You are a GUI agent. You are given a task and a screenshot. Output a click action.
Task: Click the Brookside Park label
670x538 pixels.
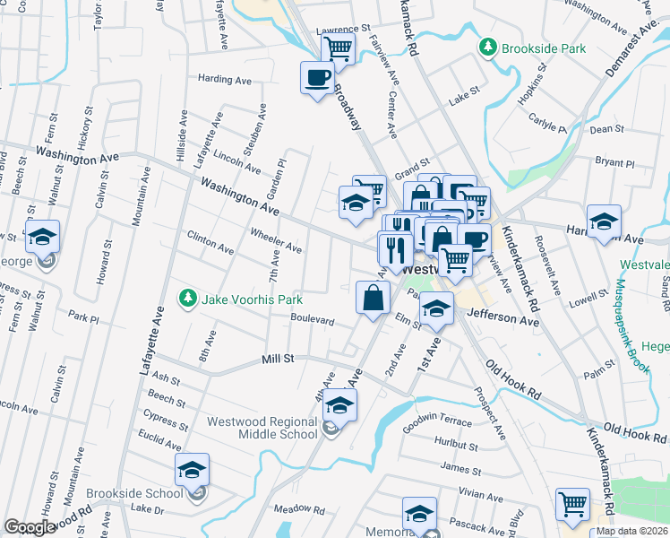pos(544,48)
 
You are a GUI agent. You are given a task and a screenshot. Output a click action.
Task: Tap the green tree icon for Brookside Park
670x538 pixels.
pos(488,47)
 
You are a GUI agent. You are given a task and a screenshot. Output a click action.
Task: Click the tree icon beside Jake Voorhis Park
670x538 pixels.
pos(187,298)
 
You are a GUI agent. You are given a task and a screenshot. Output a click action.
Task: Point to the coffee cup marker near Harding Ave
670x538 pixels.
pos(318,79)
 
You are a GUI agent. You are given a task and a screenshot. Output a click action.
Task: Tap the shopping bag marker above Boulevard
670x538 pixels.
pos(373,298)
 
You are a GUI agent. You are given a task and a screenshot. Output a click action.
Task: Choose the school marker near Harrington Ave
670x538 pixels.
pos(605,221)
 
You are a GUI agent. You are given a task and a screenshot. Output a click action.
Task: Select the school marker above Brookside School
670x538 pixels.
pos(192,470)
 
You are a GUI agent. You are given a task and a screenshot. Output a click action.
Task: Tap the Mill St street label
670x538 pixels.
pos(278,359)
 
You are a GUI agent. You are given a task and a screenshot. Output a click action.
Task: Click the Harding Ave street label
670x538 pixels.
pos(225,80)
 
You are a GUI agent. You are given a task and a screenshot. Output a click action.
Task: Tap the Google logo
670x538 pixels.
pos(30,527)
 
